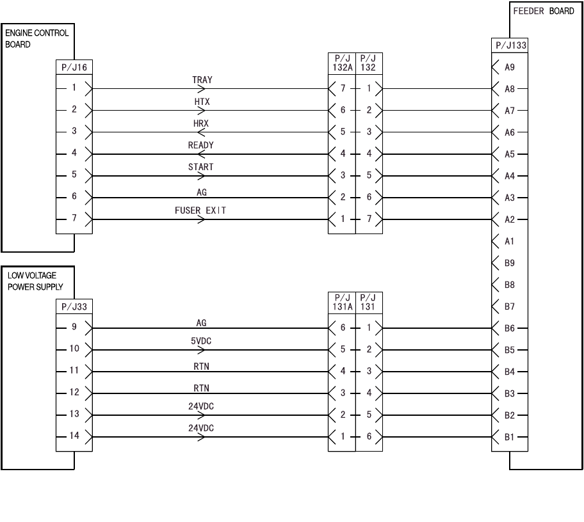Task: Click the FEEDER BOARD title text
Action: [x=544, y=12]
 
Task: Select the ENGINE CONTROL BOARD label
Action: [x=36, y=38]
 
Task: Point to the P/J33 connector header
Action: [x=74, y=306]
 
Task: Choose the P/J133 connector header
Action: [x=509, y=45]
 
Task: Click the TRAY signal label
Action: [x=202, y=80]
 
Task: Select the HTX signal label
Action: [x=202, y=102]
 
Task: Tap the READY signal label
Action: [x=201, y=145]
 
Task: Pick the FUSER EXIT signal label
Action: [x=200, y=210]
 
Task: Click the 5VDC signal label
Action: [x=201, y=341]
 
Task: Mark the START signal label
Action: [x=201, y=167]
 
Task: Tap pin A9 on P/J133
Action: [x=510, y=67]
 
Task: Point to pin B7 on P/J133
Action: [x=510, y=307]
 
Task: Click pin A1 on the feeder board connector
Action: [x=510, y=241]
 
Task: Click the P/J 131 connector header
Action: [x=368, y=301]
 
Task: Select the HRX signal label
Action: [x=201, y=123]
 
